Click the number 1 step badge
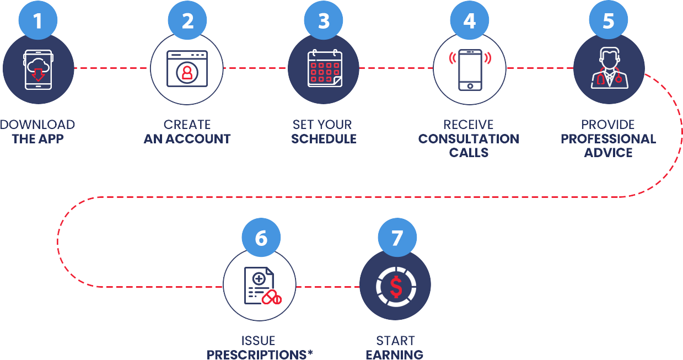[x=37, y=22]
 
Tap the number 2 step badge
[x=187, y=22]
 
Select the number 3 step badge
[x=324, y=22]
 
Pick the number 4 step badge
[x=469, y=22]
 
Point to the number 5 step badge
[x=609, y=22]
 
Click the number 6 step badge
[x=261, y=238]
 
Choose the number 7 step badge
[x=397, y=238]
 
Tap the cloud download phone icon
[x=37, y=69]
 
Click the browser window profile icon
[x=187, y=69]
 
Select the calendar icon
[x=325, y=68]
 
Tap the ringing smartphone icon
[x=470, y=69]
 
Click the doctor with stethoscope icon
[x=609, y=68]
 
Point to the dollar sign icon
[x=396, y=286]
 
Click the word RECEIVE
[x=469, y=125]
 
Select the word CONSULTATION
[x=469, y=138]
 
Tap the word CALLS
[x=469, y=152]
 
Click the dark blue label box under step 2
[x=187, y=132]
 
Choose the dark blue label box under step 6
[x=260, y=347]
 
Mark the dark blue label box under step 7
[x=395, y=347]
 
